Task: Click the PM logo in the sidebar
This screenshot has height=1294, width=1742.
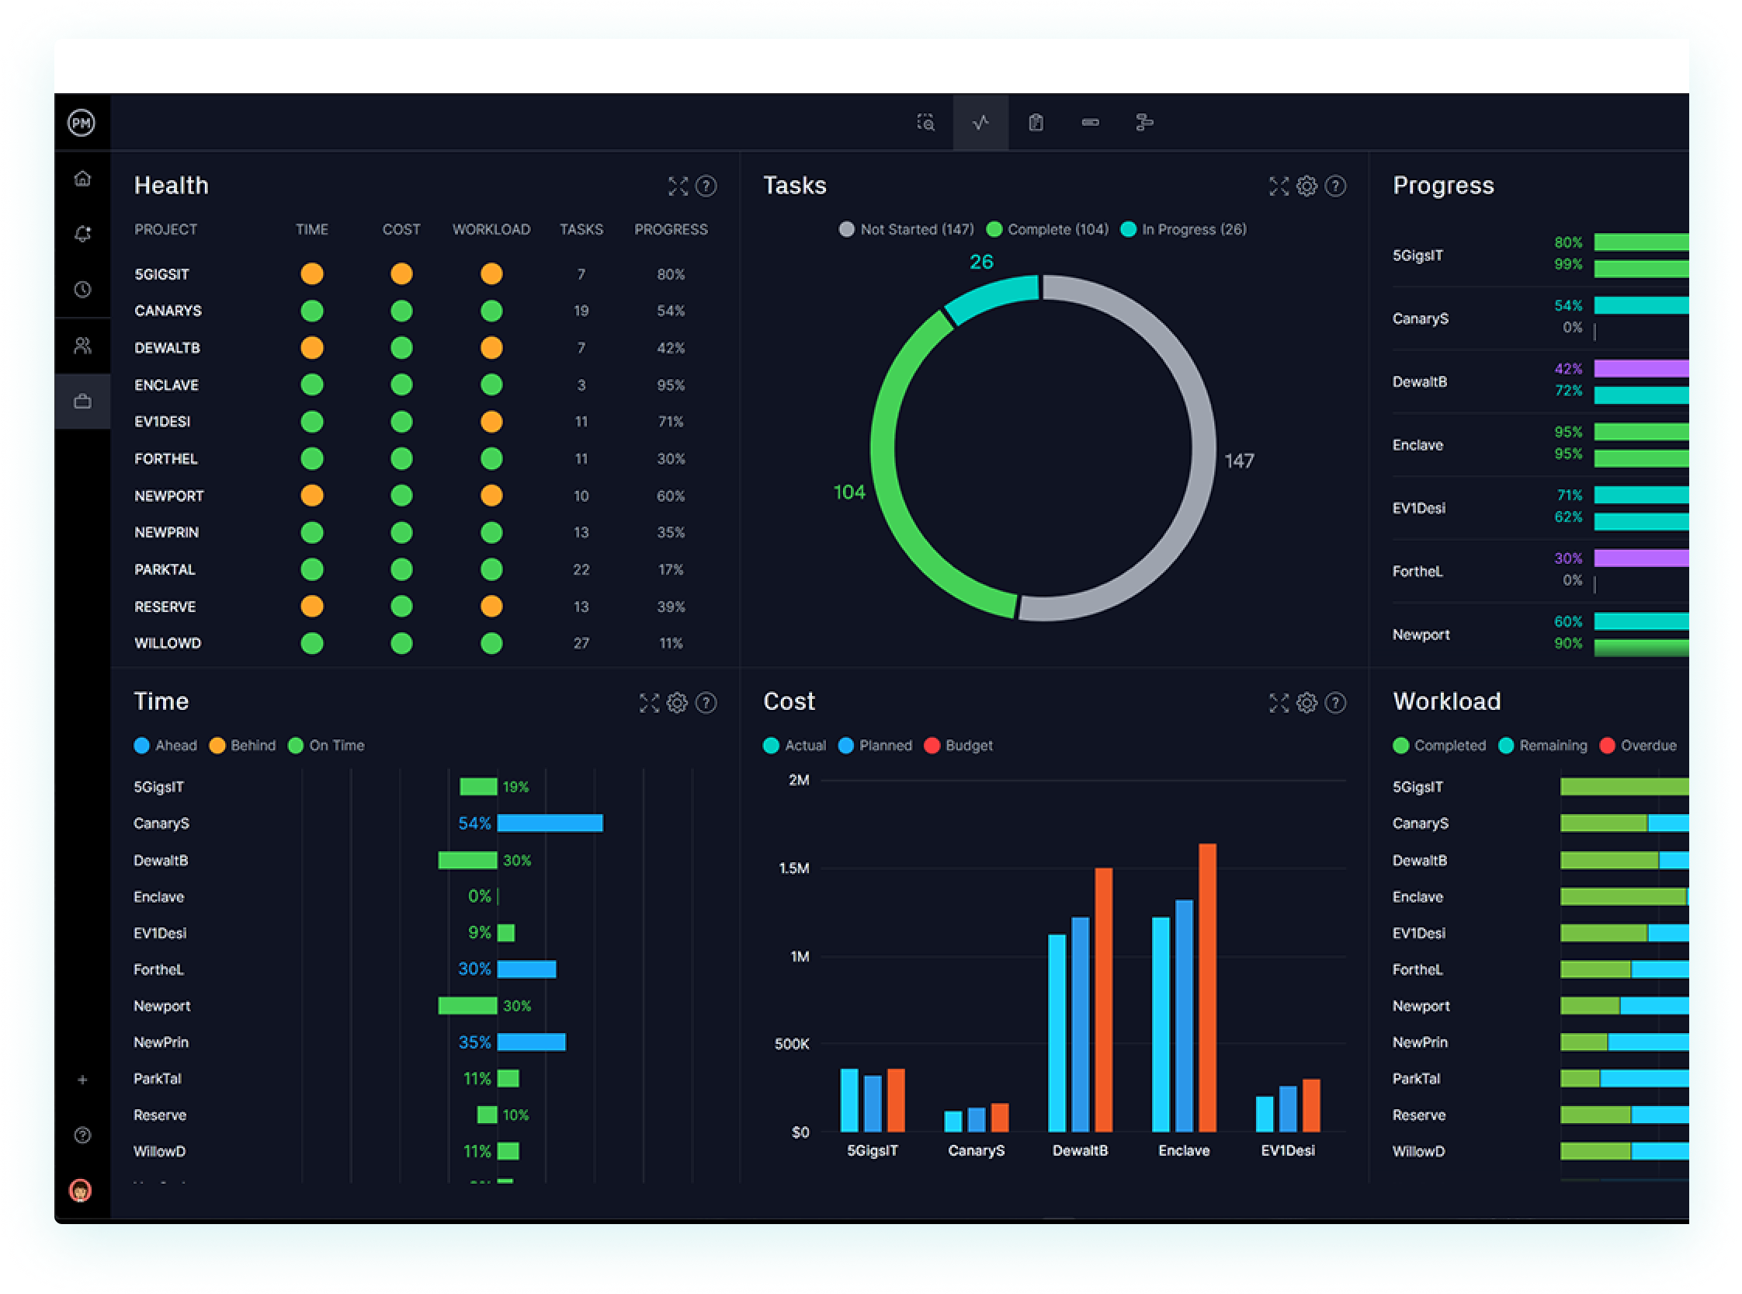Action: pyautogui.click(x=82, y=123)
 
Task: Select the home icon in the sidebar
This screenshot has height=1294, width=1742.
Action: pyautogui.click(x=82, y=179)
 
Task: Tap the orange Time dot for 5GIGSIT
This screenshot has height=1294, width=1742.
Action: pyautogui.click(x=311, y=274)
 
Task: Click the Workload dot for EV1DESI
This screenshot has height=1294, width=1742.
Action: pyautogui.click(x=491, y=422)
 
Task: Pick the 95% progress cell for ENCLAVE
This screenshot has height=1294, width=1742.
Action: pyautogui.click(x=670, y=385)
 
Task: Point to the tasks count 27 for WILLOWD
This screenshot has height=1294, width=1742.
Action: pyautogui.click(x=581, y=643)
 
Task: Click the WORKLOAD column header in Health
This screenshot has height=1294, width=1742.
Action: pyautogui.click(x=491, y=229)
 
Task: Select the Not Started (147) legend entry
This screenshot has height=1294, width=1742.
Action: pyautogui.click(x=907, y=229)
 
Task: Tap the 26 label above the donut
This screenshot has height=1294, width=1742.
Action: pyautogui.click(x=981, y=262)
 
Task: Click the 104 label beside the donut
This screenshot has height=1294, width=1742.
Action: pyautogui.click(x=848, y=492)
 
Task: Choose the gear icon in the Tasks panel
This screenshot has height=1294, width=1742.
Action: pyautogui.click(x=1306, y=186)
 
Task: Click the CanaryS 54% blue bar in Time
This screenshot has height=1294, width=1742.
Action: pyautogui.click(x=550, y=823)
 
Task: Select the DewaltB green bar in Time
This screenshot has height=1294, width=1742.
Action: pyautogui.click(x=467, y=860)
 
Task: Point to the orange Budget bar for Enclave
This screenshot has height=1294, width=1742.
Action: pyautogui.click(x=1207, y=987)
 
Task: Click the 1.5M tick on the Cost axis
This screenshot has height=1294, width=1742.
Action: pyautogui.click(x=794, y=868)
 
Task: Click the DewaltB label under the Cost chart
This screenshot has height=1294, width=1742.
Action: pyautogui.click(x=1080, y=1150)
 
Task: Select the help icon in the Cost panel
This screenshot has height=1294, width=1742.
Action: pyautogui.click(x=1336, y=703)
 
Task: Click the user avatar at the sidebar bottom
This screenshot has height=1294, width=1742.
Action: pyautogui.click(x=81, y=1191)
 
